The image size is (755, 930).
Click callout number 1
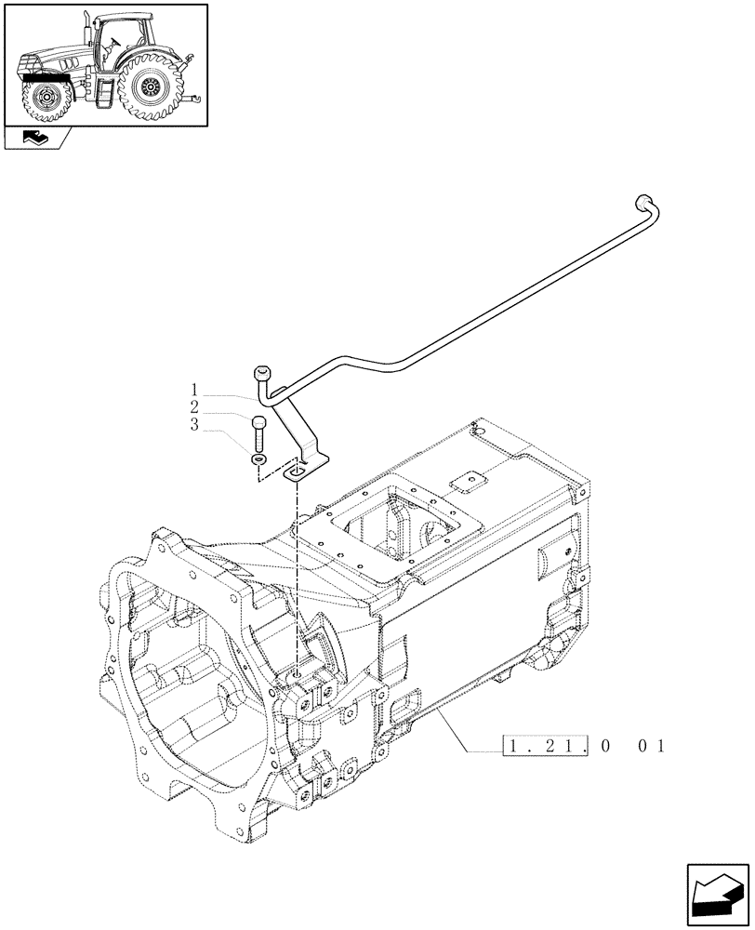click(x=195, y=389)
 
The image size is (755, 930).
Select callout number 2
click(x=195, y=407)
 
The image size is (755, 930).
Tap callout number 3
click(x=195, y=425)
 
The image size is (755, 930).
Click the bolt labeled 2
click(x=258, y=432)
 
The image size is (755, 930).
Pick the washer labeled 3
click(x=258, y=459)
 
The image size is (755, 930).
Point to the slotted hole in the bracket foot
click(x=298, y=472)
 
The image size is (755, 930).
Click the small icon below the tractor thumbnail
click(x=36, y=140)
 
